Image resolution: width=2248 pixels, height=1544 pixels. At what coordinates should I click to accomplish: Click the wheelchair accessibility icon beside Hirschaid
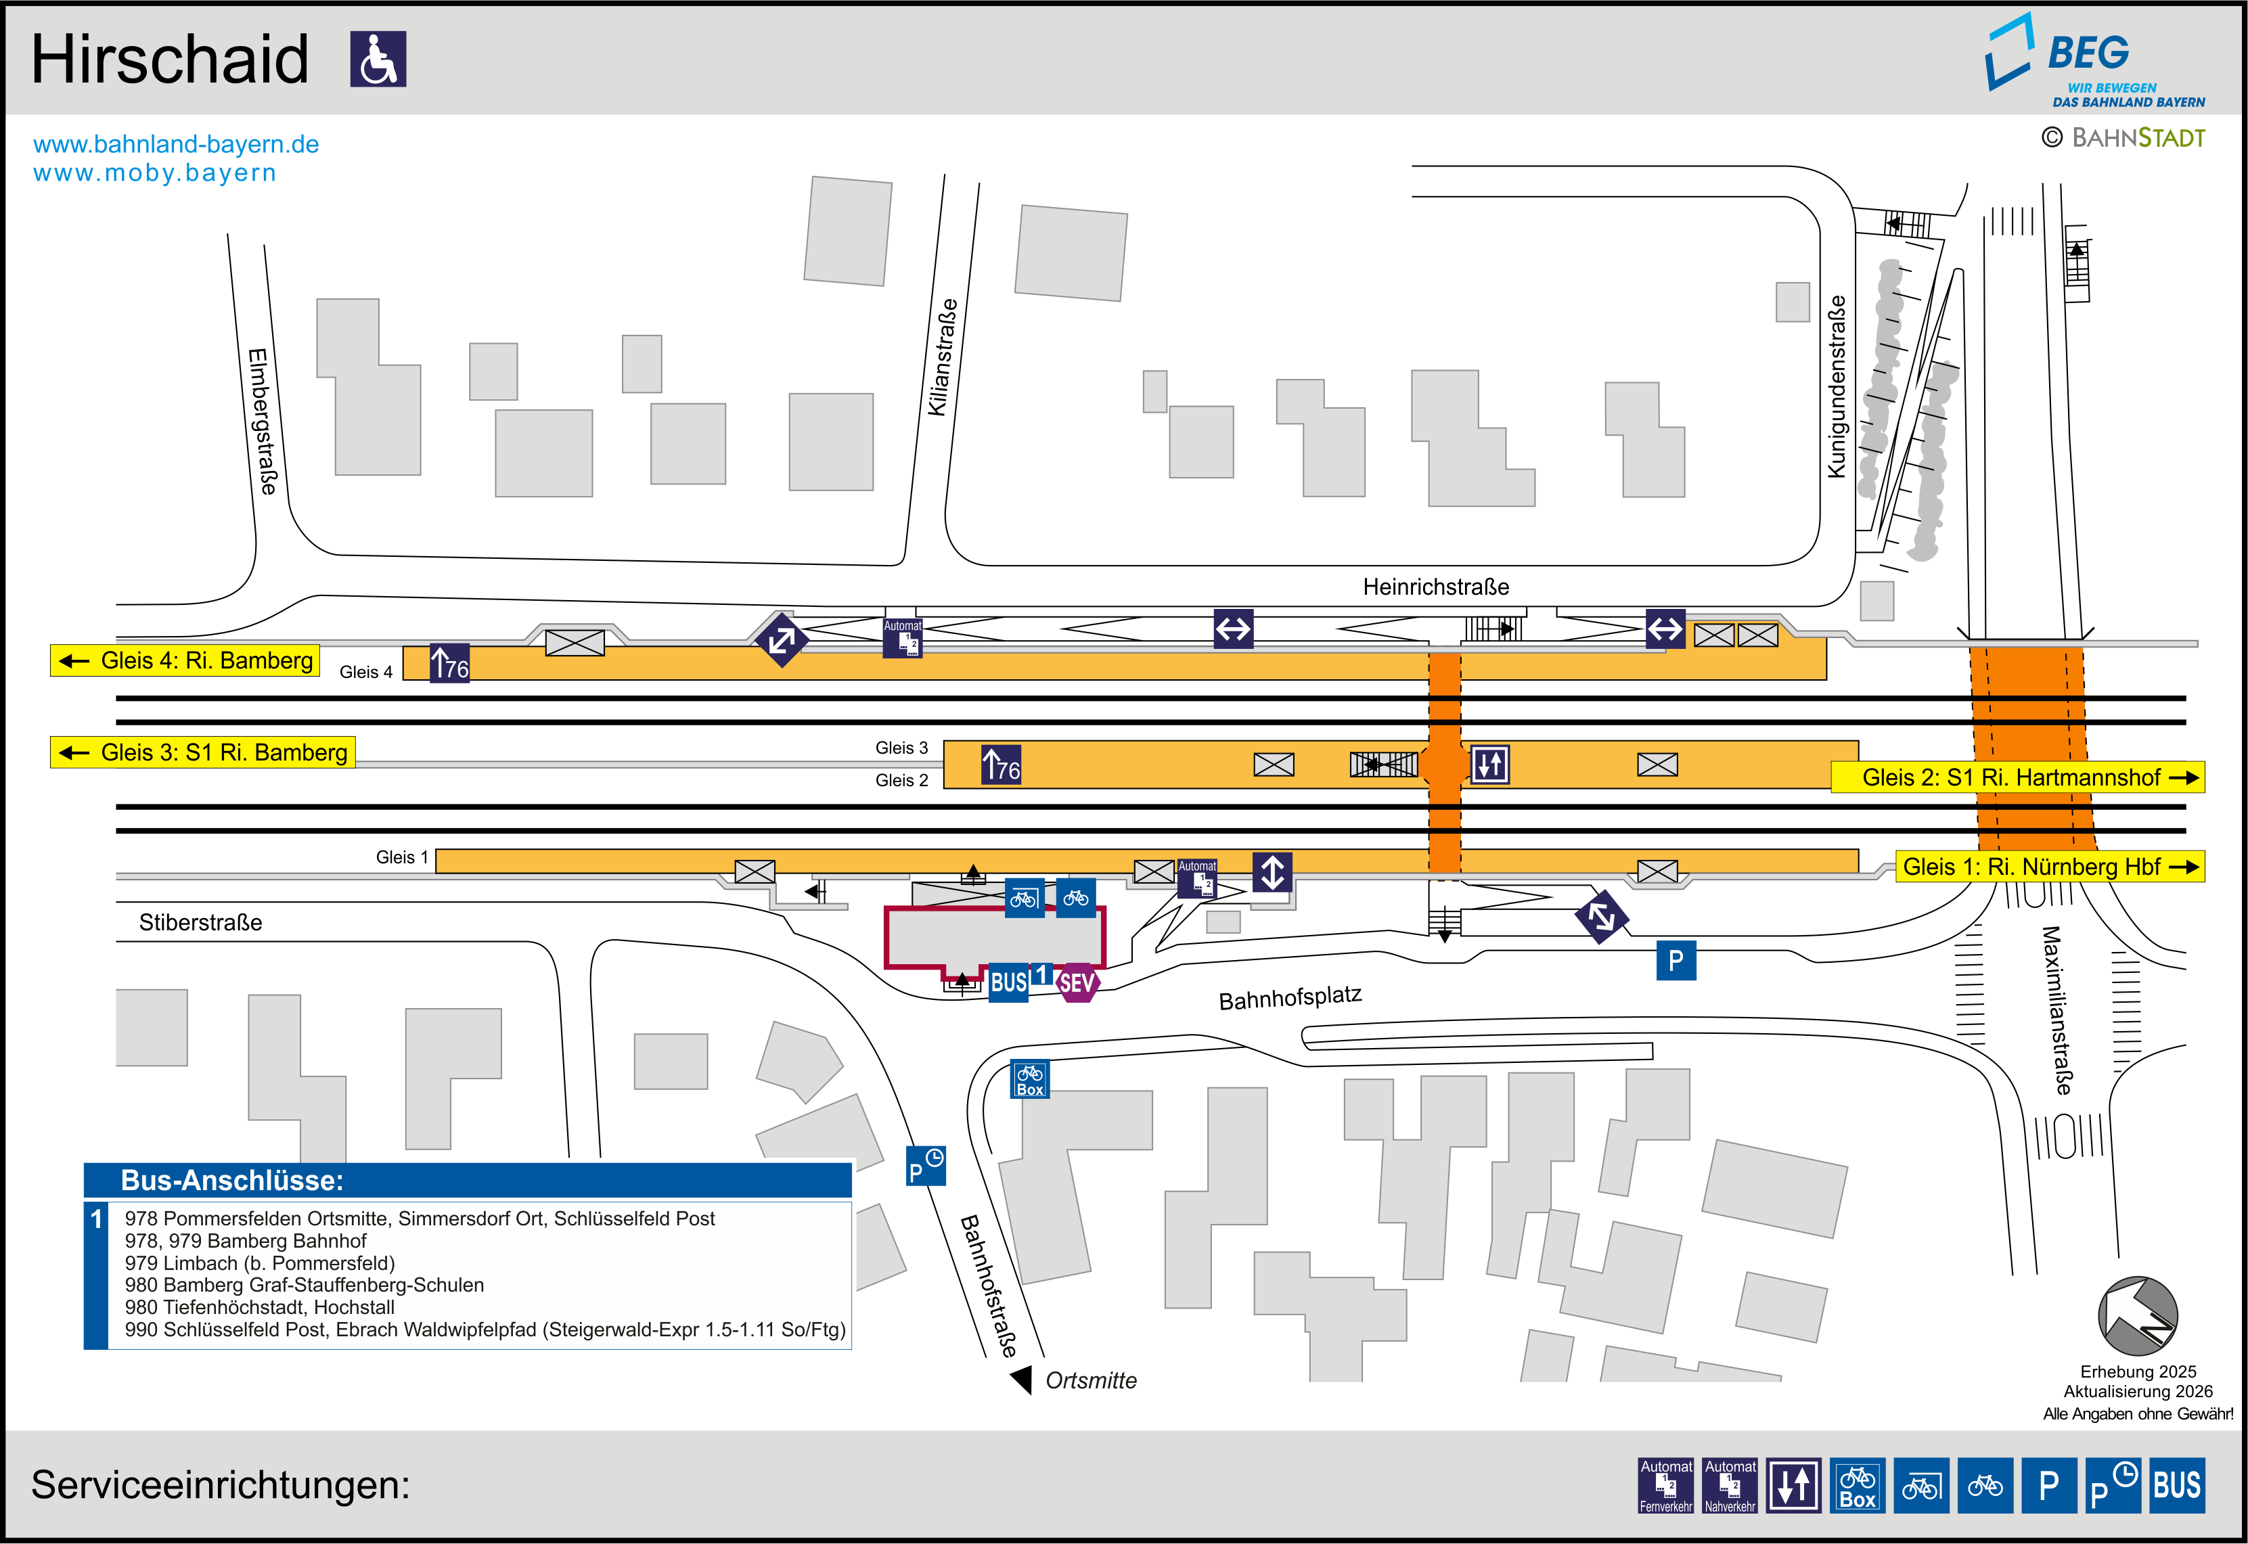(378, 59)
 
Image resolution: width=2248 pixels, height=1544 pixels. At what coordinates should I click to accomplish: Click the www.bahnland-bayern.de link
(176, 144)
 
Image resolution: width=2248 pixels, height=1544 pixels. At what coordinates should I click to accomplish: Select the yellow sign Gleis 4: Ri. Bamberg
(185, 661)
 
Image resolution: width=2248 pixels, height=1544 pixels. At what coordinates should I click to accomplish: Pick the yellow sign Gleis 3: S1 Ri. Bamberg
(202, 752)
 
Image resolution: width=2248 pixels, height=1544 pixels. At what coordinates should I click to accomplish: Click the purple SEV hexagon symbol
(1077, 983)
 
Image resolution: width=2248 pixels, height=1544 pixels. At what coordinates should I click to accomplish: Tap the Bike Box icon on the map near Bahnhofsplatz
(1029, 1078)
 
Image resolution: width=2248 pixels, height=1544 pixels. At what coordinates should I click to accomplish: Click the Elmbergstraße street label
(262, 422)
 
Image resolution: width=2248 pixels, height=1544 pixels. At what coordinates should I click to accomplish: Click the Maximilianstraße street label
(2056, 1011)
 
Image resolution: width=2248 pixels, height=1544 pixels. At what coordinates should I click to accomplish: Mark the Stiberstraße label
(200, 922)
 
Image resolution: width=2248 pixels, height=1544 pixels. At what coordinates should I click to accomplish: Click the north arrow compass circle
(2138, 1317)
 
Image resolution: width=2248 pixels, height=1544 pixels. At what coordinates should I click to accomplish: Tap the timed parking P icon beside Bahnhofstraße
(926, 1165)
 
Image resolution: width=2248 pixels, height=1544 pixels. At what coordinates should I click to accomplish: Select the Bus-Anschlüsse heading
(232, 1180)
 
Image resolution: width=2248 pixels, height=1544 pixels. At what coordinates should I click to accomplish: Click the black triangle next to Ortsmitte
(1021, 1380)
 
